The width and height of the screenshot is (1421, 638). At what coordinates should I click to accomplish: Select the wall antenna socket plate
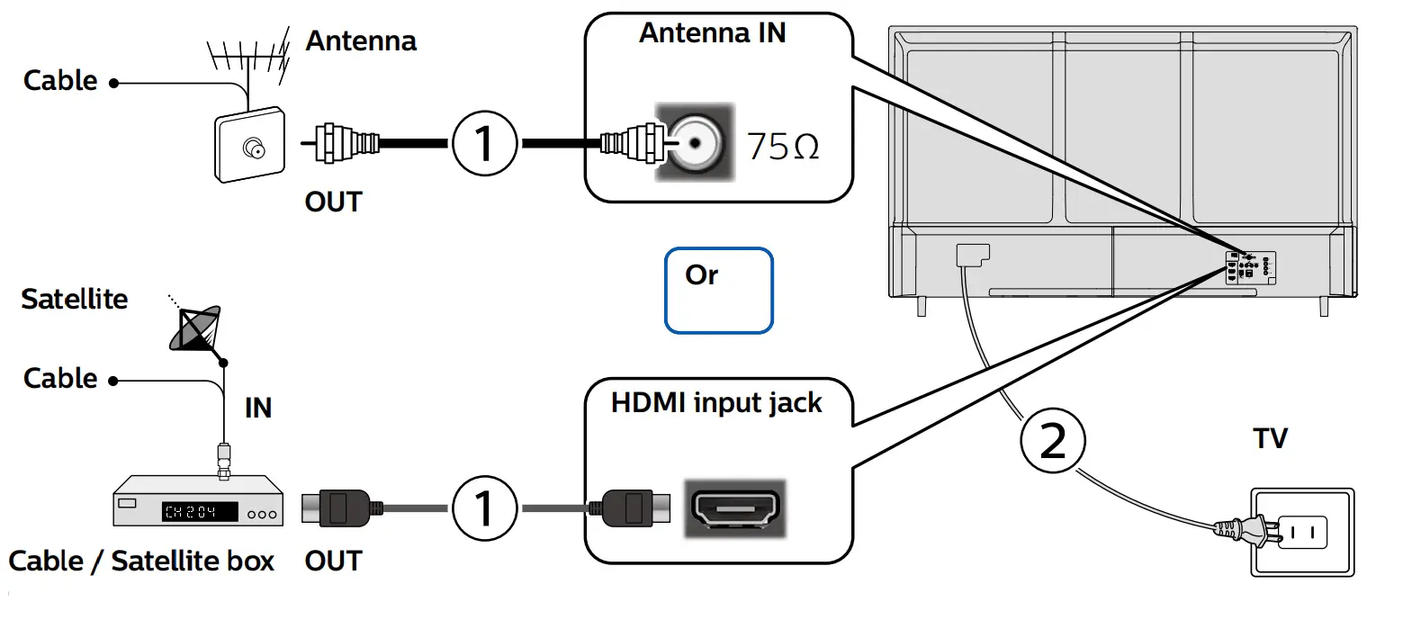(x=250, y=145)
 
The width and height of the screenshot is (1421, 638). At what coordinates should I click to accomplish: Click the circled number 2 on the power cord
(x=1052, y=441)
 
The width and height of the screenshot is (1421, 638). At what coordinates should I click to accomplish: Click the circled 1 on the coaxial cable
(x=484, y=143)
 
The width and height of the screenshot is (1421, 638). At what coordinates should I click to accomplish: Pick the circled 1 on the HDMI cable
(x=484, y=508)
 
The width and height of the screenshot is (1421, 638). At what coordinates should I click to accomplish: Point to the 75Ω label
(x=783, y=147)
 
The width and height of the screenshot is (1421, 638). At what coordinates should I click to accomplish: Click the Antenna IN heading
(x=712, y=33)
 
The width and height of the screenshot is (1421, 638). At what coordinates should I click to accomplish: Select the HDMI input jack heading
(x=716, y=402)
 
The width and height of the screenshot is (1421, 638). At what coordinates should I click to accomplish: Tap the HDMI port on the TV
(x=735, y=508)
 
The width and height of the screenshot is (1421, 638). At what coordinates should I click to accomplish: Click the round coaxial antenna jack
(x=695, y=143)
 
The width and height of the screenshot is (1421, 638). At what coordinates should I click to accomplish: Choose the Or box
(x=718, y=290)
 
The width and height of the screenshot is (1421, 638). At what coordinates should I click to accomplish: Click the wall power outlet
(x=1302, y=532)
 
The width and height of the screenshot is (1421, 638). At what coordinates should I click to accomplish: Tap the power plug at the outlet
(x=1242, y=530)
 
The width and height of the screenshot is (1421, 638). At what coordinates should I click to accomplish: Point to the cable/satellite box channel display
(x=200, y=512)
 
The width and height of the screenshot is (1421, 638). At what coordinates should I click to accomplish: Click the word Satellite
(x=75, y=299)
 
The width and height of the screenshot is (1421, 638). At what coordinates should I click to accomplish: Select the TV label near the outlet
(x=1270, y=439)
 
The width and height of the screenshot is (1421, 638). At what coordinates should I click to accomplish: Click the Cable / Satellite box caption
(x=141, y=562)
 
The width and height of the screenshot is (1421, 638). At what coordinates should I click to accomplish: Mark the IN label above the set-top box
(x=258, y=408)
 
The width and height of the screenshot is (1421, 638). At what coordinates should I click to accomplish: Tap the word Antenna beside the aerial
(x=361, y=41)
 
